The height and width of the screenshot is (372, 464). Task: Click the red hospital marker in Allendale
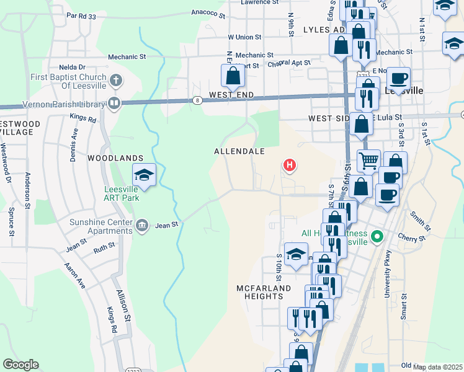289,165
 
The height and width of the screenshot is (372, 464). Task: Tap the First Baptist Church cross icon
115,80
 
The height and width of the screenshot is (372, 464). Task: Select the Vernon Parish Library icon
114,103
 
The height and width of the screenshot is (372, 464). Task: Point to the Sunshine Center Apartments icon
142,224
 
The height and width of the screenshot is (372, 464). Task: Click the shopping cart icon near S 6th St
368,161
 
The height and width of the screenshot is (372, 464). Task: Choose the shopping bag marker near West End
233,76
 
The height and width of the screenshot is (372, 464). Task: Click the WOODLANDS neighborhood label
115,159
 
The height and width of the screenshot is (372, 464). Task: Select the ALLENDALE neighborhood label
239,151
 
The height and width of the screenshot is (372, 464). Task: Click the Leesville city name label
404,91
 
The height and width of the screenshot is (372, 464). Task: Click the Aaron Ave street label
74,276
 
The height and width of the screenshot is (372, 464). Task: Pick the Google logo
20,365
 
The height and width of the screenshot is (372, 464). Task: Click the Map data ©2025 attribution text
438,367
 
